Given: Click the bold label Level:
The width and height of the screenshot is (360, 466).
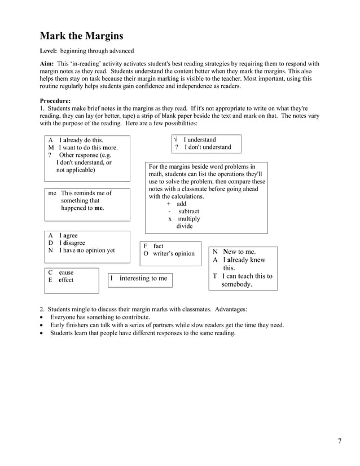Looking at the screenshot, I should click(x=52, y=51).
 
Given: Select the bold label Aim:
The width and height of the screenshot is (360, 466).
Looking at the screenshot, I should click(x=49, y=64).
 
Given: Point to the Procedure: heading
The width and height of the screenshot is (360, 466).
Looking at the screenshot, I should click(x=55, y=100).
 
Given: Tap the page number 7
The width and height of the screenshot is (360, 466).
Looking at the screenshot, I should click(x=339, y=441).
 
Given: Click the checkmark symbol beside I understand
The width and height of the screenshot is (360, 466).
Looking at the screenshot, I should click(x=177, y=139).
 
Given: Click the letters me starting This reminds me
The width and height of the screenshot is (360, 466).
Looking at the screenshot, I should click(x=52, y=193).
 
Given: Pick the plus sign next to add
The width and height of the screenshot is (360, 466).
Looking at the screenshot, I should click(x=169, y=204).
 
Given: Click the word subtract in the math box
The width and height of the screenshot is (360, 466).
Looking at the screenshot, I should click(x=188, y=212).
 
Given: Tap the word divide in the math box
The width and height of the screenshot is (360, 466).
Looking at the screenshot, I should click(x=185, y=226).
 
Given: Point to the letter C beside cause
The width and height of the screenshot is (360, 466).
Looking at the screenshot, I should click(x=50, y=272).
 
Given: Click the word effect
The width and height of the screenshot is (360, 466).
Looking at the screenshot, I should click(x=66, y=280).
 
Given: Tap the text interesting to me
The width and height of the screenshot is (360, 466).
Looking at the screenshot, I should click(x=143, y=278).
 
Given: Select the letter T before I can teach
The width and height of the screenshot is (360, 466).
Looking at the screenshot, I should click(x=214, y=276).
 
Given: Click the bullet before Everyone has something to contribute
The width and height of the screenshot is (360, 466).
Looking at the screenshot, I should click(x=42, y=317).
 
